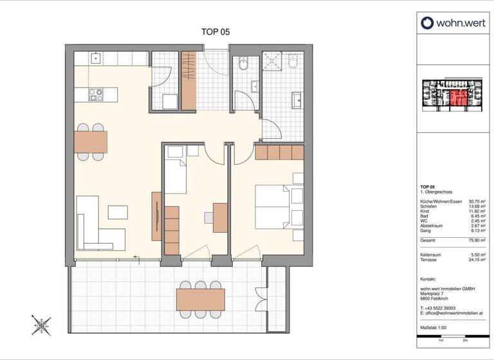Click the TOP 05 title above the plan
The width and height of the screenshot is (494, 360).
(x=215, y=31)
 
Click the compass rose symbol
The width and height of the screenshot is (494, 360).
(x=42, y=325)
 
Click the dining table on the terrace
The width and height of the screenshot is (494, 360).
(x=200, y=299)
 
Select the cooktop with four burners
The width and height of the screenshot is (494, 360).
(x=96, y=95)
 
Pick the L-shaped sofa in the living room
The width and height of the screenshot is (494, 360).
(x=93, y=225)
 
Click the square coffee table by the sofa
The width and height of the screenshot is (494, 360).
(x=118, y=211)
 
